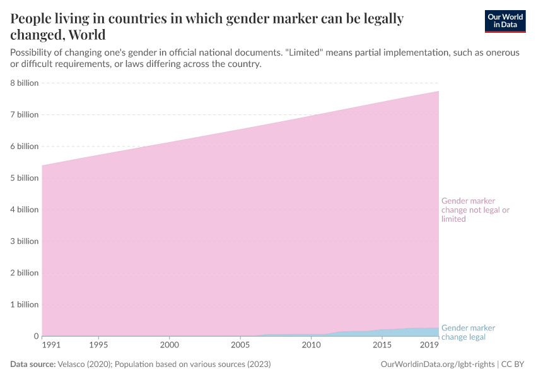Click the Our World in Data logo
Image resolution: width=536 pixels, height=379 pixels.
coord(504,21)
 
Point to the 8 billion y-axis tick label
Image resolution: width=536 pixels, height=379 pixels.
coord(24,83)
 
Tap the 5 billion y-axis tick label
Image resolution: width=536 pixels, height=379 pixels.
coord(24,178)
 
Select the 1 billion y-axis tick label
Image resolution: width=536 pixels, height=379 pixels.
coord(24,304)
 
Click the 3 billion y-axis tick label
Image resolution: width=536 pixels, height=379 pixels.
coord(24,241)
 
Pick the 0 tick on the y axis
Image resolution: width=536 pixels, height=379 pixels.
coord(36,336)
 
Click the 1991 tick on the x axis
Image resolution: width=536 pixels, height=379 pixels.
coord(52,345)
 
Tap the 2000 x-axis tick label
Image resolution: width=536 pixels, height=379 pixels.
coord(169,345)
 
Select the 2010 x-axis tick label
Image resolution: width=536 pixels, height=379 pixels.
coord(311,345)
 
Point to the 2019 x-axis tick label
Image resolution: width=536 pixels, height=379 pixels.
coord(430,345)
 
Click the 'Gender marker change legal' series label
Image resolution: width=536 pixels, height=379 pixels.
coord(468,332)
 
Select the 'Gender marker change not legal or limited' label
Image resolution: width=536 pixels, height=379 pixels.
coord(475,210)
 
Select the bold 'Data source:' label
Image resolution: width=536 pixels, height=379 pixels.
coord(33,364)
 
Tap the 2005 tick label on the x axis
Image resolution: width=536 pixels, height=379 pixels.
coord(240,345)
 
